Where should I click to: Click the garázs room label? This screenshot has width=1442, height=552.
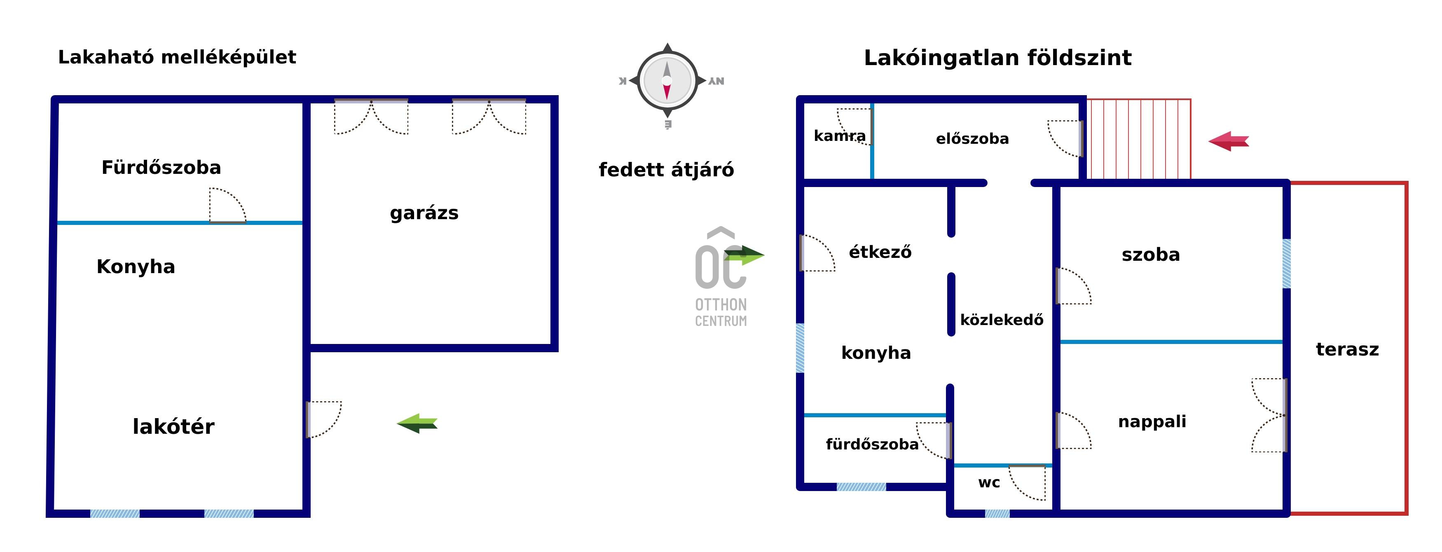coord(424,213)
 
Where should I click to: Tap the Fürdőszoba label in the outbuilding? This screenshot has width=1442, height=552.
coord(161,167)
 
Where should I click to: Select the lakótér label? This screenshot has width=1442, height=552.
coord(173,427)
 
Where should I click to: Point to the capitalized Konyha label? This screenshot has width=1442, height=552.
coord(136,267)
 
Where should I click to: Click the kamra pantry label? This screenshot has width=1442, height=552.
coord(839,136)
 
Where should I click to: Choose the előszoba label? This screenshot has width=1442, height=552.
coord(972,139)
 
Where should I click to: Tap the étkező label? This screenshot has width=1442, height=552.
coord(880,252)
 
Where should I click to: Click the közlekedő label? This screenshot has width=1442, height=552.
coord(1002,320)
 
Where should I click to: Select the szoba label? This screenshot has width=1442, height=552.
coord(1150,255)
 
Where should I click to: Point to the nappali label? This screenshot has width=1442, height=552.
coord(1152,421)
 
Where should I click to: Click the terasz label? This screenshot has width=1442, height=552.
coord(1347,349)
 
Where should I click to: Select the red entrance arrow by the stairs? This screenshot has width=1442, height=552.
coord(1229,141)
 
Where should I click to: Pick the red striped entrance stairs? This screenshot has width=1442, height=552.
coord(1139,139)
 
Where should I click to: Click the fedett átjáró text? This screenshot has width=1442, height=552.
coord(666,170)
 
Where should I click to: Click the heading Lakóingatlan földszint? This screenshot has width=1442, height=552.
coord(997,58)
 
